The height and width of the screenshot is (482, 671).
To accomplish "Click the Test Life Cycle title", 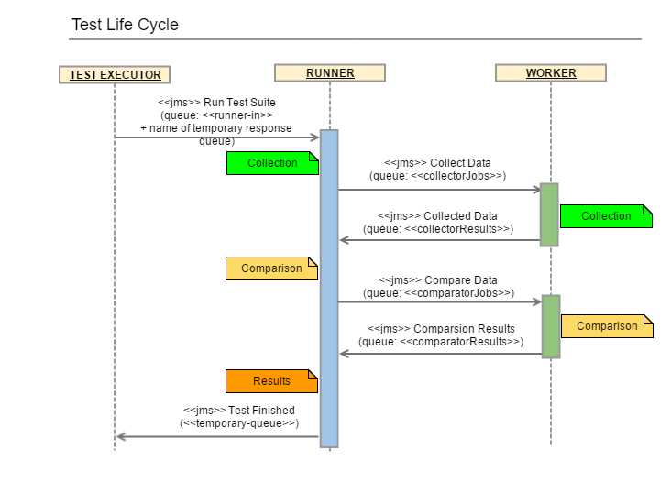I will coord(125,25).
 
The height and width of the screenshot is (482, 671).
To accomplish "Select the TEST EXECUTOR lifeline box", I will coord(115,74).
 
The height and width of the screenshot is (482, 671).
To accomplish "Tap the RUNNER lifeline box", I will coord(329,73).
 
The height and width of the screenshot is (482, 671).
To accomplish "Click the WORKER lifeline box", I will coord(550,73).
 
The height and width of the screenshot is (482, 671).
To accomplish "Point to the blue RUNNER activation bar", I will coord(329,288).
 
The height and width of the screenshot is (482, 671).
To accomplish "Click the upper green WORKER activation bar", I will coord(549,214).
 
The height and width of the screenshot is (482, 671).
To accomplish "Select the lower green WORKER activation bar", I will coord(550,325).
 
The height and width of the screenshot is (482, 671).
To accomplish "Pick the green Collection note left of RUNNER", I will coord(272,163).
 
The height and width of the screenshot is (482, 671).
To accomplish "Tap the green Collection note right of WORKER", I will coord(606,216).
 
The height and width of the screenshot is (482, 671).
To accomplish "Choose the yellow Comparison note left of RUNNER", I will coord(271,268).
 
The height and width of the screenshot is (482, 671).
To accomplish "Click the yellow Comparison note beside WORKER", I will coord(606,326).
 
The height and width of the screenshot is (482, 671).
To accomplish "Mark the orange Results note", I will coord(271,380).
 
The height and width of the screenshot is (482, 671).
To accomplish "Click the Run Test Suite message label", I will coord(216,122).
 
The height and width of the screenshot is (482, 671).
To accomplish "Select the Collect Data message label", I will coord(438,169).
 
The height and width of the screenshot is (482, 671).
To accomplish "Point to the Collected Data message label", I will coord(438,223).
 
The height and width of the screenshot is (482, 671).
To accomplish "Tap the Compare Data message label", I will coord(438,286).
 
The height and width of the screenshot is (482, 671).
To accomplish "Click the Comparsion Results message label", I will coord(441,334).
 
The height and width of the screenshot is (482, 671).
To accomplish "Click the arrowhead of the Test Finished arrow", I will coord(120,436).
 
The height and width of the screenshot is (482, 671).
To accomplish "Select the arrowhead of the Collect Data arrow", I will coord(537,190).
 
